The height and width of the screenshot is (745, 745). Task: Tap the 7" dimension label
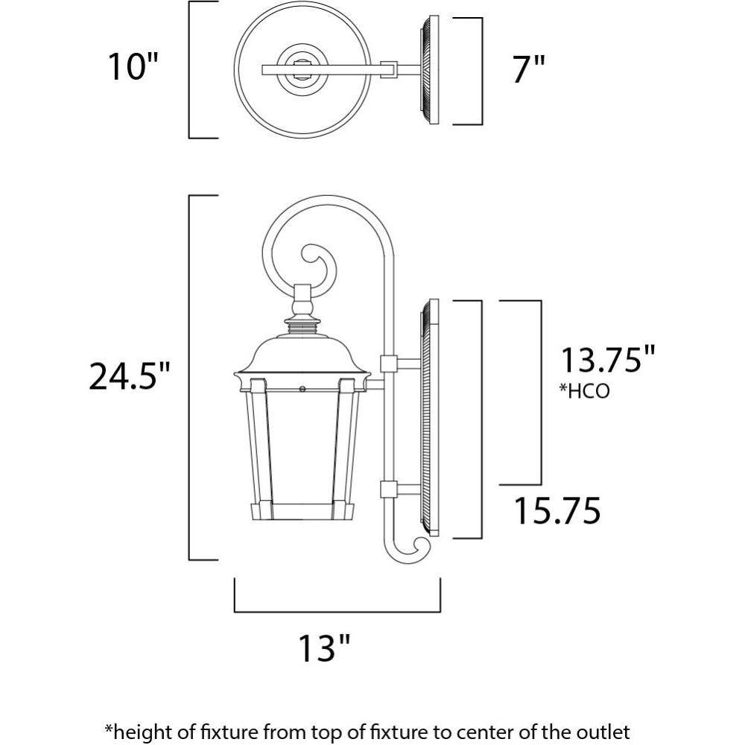(x=529, y=69)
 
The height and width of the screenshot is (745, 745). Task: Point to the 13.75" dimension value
(x=608, y=359)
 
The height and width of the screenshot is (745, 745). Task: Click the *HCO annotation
(x=584, y=391)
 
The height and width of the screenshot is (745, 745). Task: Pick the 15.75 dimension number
(x=557, y=511)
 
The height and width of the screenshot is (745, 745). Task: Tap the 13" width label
(x=324, y=647)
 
